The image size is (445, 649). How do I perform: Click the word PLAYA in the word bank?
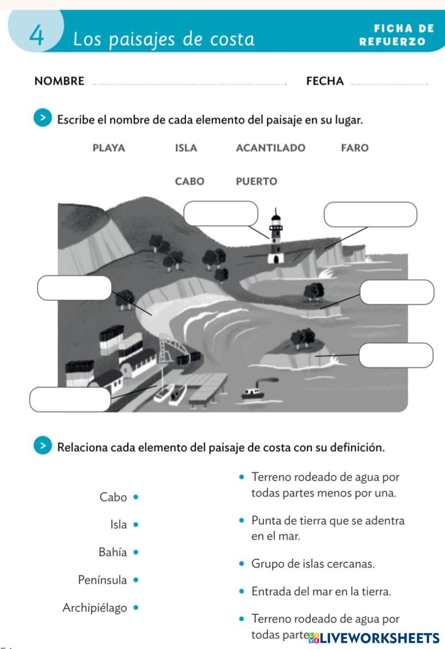(x=109, y=148)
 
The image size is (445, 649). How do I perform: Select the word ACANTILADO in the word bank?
(x=270, y=148)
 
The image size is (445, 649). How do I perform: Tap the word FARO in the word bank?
(x=355, y=148)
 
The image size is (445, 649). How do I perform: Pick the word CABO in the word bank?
(x=190, y=181)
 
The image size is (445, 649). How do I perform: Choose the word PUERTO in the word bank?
(x=256, y=181)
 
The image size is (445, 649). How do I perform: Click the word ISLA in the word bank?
(x=186, y=148)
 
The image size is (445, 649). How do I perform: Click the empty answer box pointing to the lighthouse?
(x=221, y=213)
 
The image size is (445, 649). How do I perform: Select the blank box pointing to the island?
(x=396, y=355)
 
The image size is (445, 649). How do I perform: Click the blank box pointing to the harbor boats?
(x=70, y=399)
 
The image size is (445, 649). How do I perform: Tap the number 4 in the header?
(x=36, y=36)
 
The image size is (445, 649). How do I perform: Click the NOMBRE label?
(x=59, y=81)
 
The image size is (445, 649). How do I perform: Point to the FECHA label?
(x=325, y=81)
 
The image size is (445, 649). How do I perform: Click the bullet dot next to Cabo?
(x=136, y=497)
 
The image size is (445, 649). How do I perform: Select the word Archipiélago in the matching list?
(x=94, y=608)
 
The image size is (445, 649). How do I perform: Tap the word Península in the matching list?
(x=102, y=580)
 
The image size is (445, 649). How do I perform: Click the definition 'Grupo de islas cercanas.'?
(x=313, y=564)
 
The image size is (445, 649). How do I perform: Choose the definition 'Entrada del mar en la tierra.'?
(x=321, y=591)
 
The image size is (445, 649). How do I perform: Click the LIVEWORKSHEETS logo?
(x=374, y=638)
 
